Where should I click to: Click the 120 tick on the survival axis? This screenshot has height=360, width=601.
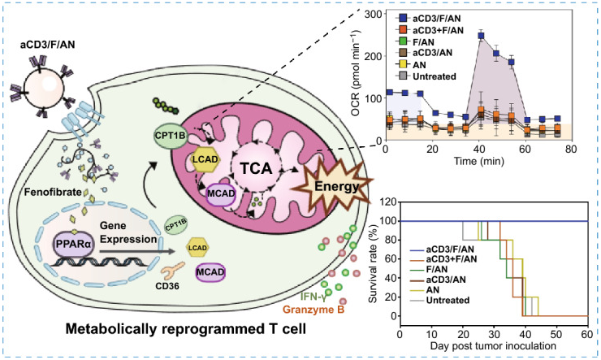(388, 198)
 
